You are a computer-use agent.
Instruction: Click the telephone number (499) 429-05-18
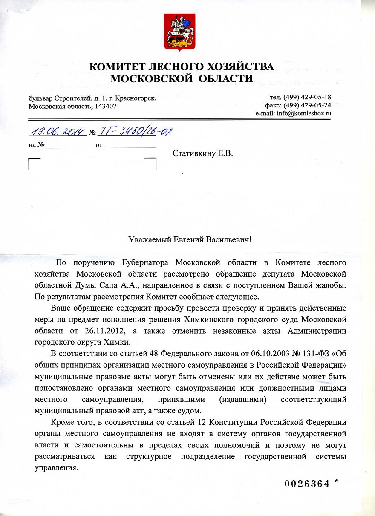coord(311,97)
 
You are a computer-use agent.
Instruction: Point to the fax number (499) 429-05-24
coord(311,105)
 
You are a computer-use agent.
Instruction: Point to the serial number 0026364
coord(307,484)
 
